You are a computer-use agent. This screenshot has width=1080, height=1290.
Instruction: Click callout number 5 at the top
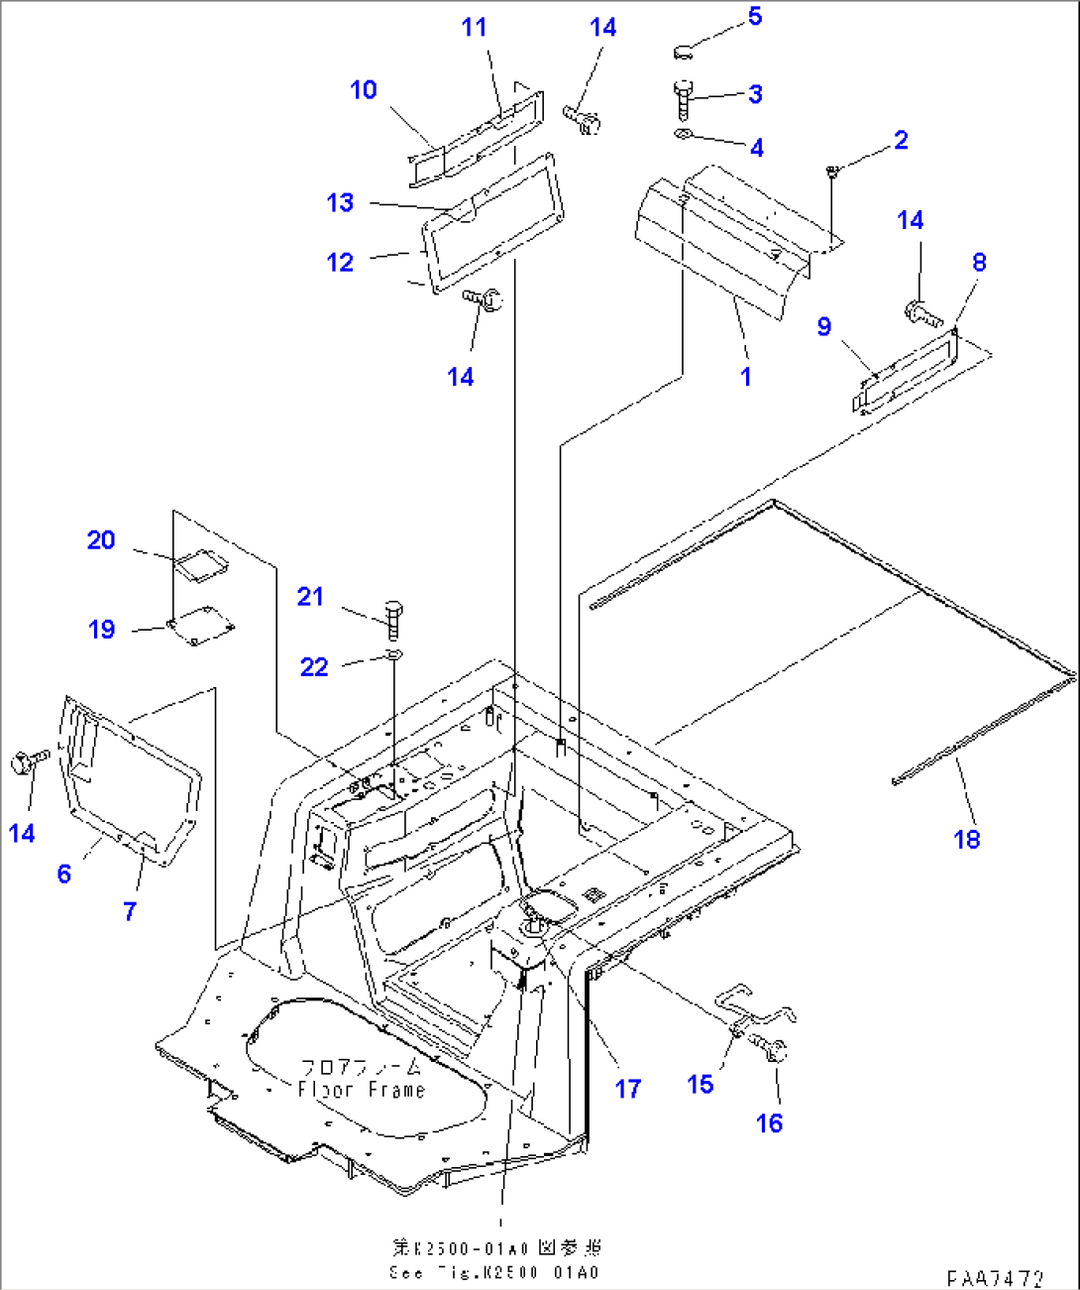(x=755, y=16)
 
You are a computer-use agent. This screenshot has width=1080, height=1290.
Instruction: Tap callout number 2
(x=901, y=140)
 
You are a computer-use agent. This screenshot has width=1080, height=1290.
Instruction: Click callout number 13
(x=340, y=202)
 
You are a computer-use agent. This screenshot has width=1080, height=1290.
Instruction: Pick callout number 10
(x=364, y=89)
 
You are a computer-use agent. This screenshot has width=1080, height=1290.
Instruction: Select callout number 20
(x=101, y=539)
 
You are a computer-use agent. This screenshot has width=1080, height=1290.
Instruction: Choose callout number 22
(x=314, y=666)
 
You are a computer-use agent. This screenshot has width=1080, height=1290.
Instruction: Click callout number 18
(x=967, y=839)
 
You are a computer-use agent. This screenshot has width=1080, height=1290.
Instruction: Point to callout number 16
(x=770, y=1122)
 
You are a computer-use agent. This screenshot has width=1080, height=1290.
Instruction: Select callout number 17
(x=628, y=1089)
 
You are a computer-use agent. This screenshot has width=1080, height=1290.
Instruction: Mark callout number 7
(x=130, y=910)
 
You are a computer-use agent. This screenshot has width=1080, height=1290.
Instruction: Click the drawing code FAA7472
(x=995, y=1278)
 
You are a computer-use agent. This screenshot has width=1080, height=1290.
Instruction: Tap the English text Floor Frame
(x=362, y=1090)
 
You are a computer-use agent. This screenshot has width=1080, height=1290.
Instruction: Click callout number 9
(x=824, y=326)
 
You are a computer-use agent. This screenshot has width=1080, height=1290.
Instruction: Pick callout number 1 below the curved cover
(x=746, y=376)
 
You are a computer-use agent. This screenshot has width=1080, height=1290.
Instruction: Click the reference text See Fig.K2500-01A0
(x=496, y=1272)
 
